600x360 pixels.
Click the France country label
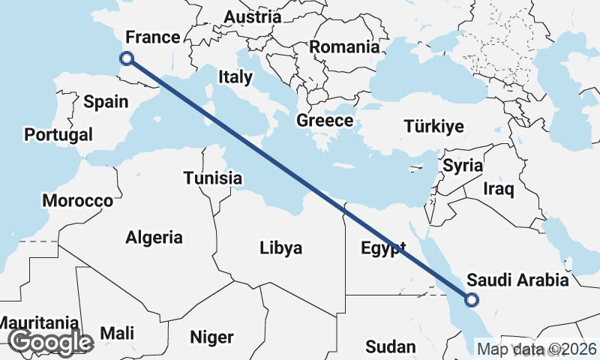click(x=153, y=37)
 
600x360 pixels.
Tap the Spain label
click(x=106, y=102)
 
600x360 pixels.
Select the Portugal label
click(x=58, y=135)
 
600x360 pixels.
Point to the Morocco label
click(x=77, y=201)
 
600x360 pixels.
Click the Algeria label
click(x=154, y=238)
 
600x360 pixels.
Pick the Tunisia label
click(x=213, y=178)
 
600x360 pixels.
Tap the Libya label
click(x=281, y=247)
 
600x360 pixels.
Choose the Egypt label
click(x=382, y=248)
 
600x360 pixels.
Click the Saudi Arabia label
click(x=517, y=280)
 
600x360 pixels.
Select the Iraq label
click(x=499, y=188)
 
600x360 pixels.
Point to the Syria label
click(x=462, y=166)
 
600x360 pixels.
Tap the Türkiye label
click(x=433, y=127)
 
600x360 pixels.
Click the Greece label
click(x=325, y=120)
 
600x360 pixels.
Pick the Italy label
click(x=230, y=76)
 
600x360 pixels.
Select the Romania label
click(x=344, y=46)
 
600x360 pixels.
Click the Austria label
click(x=253, y=16)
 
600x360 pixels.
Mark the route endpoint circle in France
click(x=127, y=58)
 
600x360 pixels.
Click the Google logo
click(x=50, y=342)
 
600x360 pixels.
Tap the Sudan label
click(x=390, y=346)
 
